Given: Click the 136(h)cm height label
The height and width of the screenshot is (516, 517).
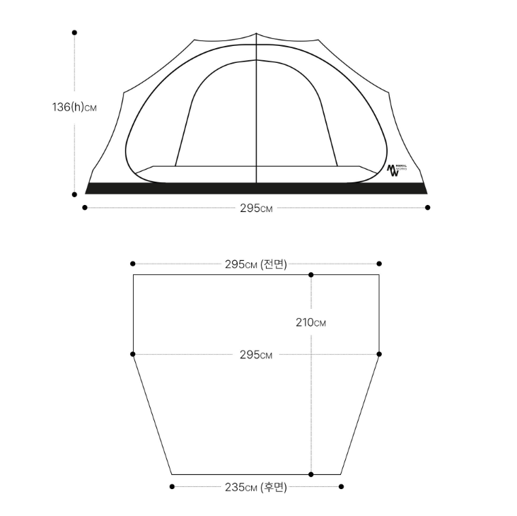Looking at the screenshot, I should pos(74,107).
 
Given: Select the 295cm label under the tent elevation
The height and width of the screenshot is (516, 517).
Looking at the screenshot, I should pos(256,208).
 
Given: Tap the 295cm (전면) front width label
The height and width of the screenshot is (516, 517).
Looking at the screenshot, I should pos(256,264).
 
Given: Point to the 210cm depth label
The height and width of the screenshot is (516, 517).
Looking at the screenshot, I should pos(311,323).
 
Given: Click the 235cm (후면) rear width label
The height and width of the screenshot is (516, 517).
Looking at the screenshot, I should pos(256,486).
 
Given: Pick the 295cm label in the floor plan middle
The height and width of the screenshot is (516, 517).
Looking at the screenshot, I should pos(256,354).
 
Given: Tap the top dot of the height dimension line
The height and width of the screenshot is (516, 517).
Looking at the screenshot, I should pos(74,33).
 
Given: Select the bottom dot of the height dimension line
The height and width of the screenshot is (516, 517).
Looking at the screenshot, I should pos(74,194).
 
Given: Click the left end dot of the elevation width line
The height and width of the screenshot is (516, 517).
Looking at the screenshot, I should pos(85,207).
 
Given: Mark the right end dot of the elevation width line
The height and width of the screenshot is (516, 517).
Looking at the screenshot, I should pos(428,207).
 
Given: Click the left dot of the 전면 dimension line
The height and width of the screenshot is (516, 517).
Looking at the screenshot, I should pos(133,264).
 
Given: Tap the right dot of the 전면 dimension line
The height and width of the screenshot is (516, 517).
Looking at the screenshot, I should pos(379,264).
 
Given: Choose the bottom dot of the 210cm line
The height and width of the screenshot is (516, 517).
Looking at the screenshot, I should pos(311,474).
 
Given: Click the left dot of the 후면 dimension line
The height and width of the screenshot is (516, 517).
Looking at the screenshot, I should pos(172,486).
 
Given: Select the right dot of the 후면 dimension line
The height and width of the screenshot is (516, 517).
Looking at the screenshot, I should pos(342,486).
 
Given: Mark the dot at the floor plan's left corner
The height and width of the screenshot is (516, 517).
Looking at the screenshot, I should pos(133,353).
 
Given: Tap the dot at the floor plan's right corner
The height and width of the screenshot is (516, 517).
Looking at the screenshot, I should pos(379,353).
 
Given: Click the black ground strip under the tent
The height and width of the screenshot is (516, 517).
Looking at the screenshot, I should pos(256,188).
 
